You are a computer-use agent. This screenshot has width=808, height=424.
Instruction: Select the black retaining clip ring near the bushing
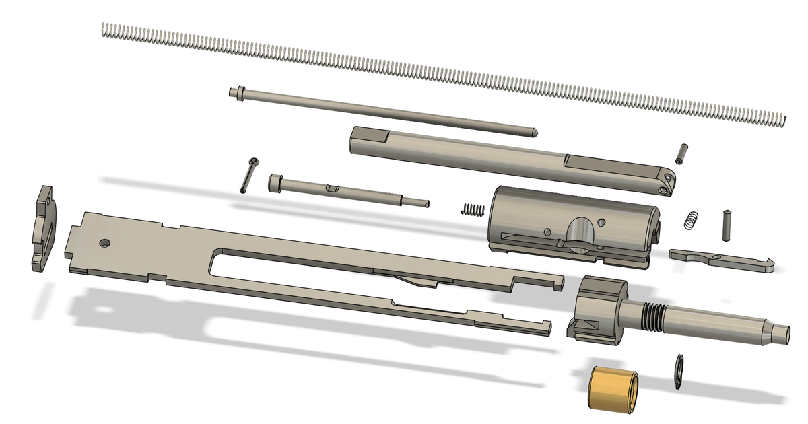click(x=680, y=372)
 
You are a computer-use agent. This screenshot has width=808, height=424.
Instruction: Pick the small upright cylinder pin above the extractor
click(x=727, y=223)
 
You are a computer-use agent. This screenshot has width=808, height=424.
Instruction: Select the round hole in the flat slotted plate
click(x=104, y=242)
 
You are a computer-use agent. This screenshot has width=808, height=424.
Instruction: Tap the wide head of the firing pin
click(x=275, y=181)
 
